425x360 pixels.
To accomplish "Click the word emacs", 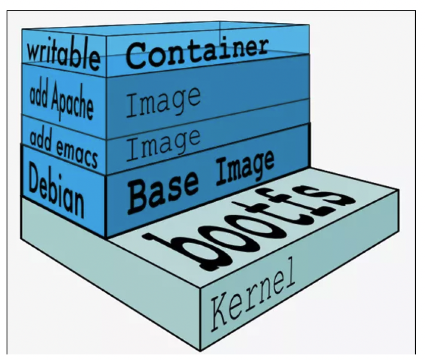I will (75, 149).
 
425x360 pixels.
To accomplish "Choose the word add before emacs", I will (40, 139).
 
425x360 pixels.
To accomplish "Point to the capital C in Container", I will (137, 55).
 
